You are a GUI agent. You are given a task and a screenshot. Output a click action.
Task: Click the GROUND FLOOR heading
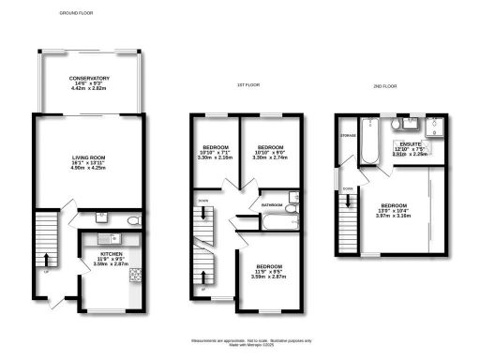[79, 14]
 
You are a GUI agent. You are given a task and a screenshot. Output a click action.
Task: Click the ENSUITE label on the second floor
[410, 144]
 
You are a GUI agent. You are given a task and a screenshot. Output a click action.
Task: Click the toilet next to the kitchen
[133, 220]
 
